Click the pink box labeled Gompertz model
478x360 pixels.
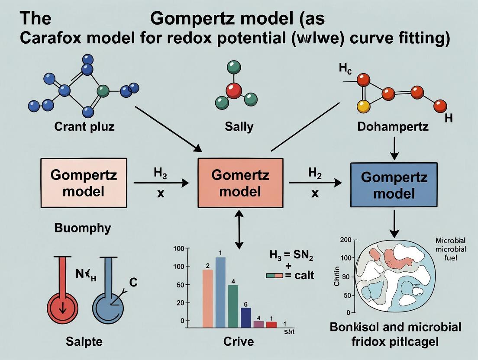click(x=84, y=183)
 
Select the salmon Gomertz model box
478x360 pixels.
click(x=240, y=183)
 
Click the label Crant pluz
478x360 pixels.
click(x=84, y=127)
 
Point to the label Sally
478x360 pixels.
click(x=239, y=127)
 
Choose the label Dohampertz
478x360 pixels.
click(x=393, y=127)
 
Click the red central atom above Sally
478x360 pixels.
click(x=234, y=91)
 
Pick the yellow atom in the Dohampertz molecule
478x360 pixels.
click(x=363, y=106)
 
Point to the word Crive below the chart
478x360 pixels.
click(x=239, y=341)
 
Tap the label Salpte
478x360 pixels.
click(x=84, y=341)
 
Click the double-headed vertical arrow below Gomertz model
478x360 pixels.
click(x=238, y=229)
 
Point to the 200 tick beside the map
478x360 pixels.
click(x=345, y=239)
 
